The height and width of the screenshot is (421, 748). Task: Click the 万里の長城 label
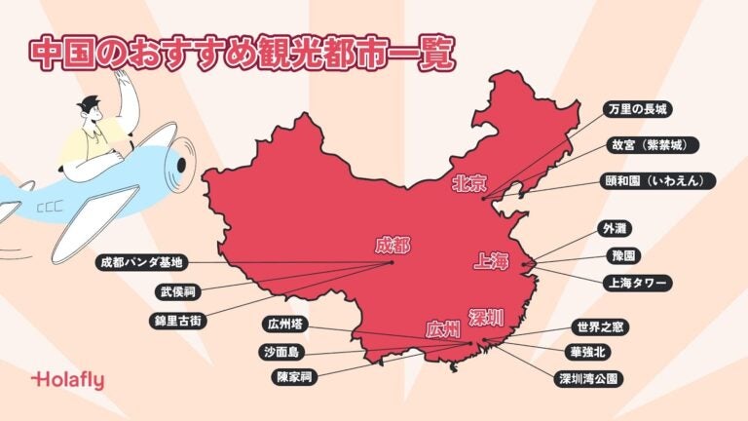click(x=639, y=108)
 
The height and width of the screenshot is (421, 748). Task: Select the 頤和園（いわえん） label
click(x=660, y=181)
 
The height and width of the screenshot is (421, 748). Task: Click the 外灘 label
click(x=617, y=228)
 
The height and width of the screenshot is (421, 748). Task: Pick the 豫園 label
click(x=617, y=255)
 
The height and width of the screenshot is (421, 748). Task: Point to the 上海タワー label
click(x=637, y=283)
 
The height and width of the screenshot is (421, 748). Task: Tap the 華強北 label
click(x=594, y=351)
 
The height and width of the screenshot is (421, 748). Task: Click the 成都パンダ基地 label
click(x=141, y=262)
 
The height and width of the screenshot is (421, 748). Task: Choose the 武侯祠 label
click(x=182, y=291)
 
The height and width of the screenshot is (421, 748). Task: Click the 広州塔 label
click(x=289, y=324)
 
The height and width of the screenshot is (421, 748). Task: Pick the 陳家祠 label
click(x=296, y=374)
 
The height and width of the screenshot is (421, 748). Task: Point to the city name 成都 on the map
click(x=393, y=245)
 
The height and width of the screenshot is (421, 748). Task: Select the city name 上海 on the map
click(x=491, y=261)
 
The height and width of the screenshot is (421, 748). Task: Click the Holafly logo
click(x=67, y=380)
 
